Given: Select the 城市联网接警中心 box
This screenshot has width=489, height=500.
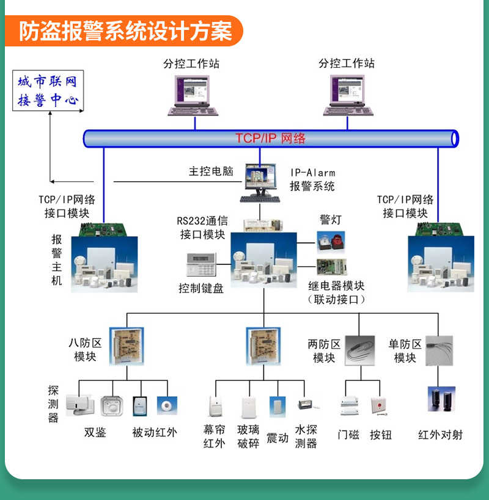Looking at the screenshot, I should pyautogui.click(x=48, y=91).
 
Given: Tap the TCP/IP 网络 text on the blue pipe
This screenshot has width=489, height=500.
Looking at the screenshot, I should pyautogui.click(x=270, y=139).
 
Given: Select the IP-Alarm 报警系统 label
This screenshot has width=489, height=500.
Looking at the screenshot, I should pyautogui.click(x=312, y=179).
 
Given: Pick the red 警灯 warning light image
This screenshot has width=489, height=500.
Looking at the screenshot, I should pyautogui.click(x=331, y=242).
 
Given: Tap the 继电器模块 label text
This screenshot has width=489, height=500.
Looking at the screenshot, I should pyautogui.click(x=336, y=286).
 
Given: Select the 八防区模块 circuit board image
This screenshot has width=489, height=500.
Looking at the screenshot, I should pyautogui.click(x=126, y=346).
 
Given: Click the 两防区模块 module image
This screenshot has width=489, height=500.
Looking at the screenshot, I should pyautogui.click(x=359, y=350).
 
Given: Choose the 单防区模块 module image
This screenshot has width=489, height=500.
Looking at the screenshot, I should pyautogui.click(x=438, y=350).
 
